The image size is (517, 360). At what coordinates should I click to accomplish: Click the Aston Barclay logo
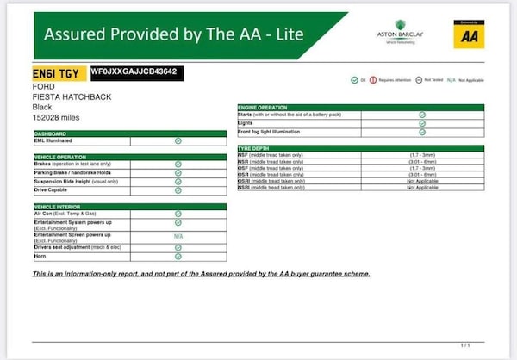click(400, 31)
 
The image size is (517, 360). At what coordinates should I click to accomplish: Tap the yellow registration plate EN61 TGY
click(56, 75)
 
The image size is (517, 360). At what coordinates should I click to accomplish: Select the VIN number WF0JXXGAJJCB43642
click(135, 71)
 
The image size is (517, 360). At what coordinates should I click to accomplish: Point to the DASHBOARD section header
click(50, 133)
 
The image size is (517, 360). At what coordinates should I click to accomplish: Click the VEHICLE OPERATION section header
click(60, 157)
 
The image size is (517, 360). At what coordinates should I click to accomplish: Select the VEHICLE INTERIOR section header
click(59, 207)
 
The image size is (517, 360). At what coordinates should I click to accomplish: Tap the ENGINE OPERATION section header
click(268, 107)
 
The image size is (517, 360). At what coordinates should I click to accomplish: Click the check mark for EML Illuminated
click(178, 140)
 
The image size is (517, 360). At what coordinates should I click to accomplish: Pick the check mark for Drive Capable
click(178, 189)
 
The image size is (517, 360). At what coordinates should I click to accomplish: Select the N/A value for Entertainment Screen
click(178, 236)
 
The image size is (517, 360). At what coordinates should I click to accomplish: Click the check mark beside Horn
click(178, 256)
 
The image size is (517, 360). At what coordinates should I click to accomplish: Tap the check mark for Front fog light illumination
click(422, 132)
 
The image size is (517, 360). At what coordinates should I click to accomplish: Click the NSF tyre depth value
click(422, 155)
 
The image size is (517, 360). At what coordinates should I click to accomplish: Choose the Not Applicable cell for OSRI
click(422, 181)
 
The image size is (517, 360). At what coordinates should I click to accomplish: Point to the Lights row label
click(246, 122)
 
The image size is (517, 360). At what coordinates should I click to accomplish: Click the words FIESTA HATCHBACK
click(63, 97)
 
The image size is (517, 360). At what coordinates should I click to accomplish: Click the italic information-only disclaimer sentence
click(201, 274)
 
